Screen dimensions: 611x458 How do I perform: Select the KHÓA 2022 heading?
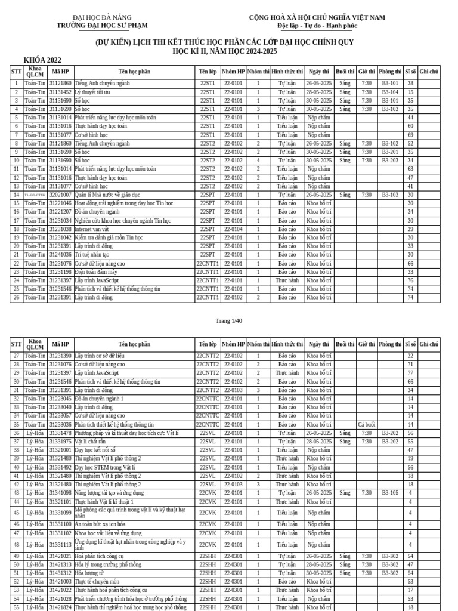click(x=42, y=60)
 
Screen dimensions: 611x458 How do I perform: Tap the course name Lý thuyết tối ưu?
click(x=92, y=92)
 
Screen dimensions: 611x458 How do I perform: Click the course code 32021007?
click(x=60, y=195)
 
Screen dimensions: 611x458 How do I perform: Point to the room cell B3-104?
click(x=390, y=92)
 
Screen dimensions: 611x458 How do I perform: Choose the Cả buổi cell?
click(x=366, y=424)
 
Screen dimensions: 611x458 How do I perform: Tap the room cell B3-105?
click(x=390, y=493)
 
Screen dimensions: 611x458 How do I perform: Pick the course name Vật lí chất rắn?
click(x=91, y=442)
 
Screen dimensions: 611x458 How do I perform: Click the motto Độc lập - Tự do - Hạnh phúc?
click(x=317, y=26)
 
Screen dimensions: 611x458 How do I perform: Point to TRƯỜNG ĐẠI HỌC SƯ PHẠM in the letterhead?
click(x=102, y=26)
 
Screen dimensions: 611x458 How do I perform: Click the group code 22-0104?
click(x=233, y=229)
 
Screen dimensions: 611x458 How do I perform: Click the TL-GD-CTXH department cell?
click(x=35, y=195)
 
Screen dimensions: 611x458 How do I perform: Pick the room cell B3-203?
click(x=390, y=161)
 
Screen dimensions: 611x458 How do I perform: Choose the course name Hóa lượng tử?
click(x=89, y=573)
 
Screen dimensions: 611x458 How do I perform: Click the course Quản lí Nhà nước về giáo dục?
click(x=107, y=195)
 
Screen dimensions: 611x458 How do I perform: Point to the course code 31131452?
click(x=60, y=92)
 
